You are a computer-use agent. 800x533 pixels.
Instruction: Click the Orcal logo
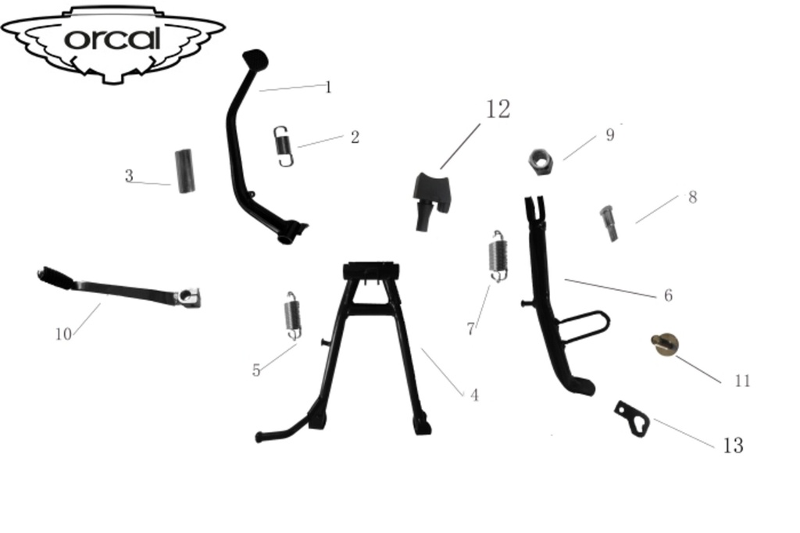[x=112, y=41]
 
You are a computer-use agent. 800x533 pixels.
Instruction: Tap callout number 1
[x=328, y=88]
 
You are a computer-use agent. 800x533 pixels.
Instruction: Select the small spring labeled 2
[x=285, y=146]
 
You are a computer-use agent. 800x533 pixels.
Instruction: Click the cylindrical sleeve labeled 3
[x=185, y=171]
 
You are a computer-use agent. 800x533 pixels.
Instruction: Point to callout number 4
[x=474, y=395]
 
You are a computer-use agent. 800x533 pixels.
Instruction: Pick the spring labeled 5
[x=292, y=316]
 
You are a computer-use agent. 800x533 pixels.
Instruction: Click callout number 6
[x=668, y=296]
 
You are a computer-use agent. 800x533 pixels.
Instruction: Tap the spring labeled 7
[x=498, y=255]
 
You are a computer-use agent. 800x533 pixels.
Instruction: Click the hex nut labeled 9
[x=541, y=162]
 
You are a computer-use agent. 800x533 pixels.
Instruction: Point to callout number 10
[x=62, y=334]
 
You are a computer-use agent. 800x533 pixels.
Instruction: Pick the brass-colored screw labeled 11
[x=665, y=344]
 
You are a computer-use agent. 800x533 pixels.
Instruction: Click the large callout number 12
[x=498, y=109]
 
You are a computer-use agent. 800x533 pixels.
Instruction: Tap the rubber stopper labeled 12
[x=430, y=200]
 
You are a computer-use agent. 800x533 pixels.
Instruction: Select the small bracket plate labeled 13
[x=632, y=418]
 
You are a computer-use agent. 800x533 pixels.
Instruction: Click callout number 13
[x=733, y=445]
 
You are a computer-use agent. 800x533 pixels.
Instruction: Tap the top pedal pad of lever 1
[x=255, y=57]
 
